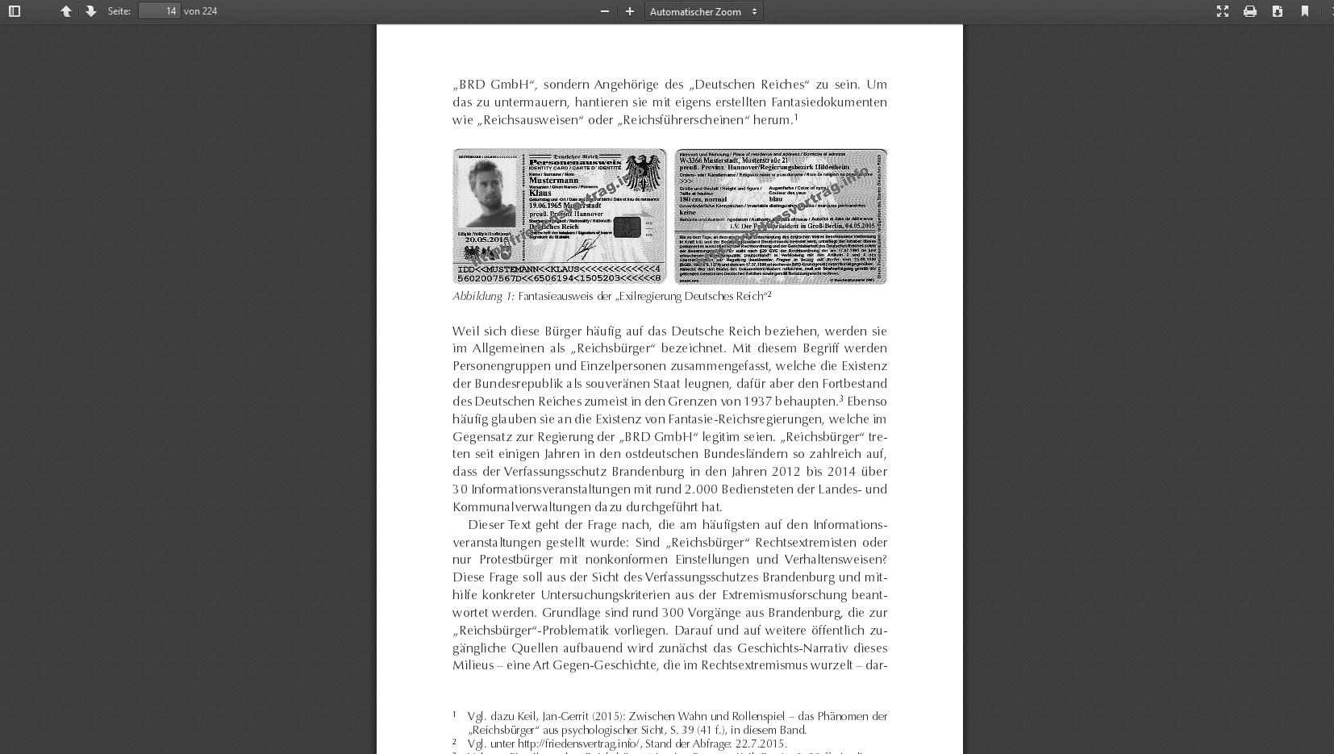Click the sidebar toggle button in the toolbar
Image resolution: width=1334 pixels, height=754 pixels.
15,11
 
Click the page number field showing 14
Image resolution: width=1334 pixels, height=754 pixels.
159,11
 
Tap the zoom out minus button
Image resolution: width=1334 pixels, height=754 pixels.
605,11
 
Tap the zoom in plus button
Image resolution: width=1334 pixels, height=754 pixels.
630,11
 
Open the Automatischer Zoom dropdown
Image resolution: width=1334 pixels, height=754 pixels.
703,11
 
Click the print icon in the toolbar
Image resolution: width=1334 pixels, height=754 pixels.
1250,11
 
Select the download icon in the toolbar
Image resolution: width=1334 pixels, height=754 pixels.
1278,11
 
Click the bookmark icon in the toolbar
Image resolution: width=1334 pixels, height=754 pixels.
1305,11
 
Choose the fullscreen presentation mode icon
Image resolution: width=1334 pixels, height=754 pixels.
1223,11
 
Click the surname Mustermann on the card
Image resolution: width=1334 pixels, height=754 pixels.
553,181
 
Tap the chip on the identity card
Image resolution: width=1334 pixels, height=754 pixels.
627,227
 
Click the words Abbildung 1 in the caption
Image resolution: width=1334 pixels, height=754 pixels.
482,297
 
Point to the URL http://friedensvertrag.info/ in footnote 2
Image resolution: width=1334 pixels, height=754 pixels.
578,744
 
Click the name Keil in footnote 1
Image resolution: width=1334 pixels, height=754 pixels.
527,717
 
